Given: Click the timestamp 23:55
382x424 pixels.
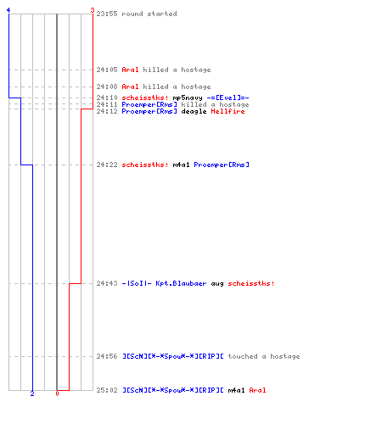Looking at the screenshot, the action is (x=107, y=14).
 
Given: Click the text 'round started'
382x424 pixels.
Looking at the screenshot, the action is (x=149, y=14).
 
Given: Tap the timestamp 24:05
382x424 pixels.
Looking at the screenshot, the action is (x=107, y=70).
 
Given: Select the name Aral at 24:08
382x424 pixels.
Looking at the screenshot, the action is (x=130, y=86).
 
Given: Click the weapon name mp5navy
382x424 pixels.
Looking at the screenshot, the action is (x=188, y=98).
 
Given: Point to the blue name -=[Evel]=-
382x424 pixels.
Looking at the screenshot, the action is (x=228, y=98).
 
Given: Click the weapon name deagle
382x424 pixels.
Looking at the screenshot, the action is (x=194, y=111).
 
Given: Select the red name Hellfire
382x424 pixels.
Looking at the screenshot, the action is (x=228, y=111).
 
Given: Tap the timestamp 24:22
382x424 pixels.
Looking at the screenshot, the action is (x=107, y=165).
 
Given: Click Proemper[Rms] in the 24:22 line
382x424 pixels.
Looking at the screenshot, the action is (x=222, y=165).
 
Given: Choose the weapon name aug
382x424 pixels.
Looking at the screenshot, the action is (x=217, y=283).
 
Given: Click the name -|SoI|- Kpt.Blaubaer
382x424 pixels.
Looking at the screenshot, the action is (x=164, y=283).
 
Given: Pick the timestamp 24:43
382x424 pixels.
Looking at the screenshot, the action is (x=107, y=283).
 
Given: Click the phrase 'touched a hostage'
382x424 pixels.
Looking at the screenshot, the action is (x=264, y=356).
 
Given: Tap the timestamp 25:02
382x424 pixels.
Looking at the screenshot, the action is (x=107, y=390).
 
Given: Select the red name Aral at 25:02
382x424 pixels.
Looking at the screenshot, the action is (x=257, y=390).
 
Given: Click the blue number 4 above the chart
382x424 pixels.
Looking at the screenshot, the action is (x=8, y=10).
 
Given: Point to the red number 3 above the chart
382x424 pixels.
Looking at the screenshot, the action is (x=93, y=10).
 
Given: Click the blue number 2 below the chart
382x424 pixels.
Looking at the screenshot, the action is (x=32, y=393).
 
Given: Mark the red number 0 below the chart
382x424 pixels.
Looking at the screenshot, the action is (x=57, y=393).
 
